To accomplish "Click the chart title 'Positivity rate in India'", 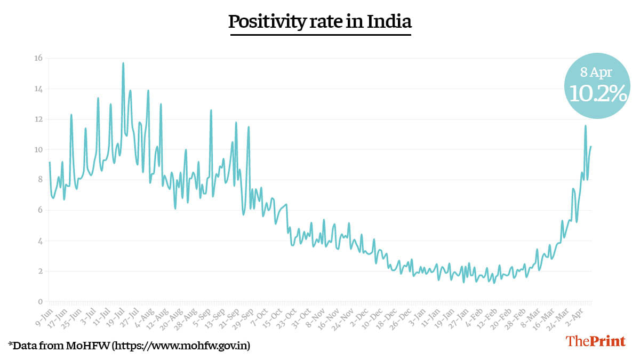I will (x=320, y=22).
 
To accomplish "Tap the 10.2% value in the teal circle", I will (x=597, y=94).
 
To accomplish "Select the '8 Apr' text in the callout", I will (x=596, y=73).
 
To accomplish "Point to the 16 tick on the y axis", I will (x=38, y=58).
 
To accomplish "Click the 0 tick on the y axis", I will (x=40, y=301).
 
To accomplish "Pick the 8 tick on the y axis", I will (x=40, y=180).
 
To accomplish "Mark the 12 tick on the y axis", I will (x=38, y=119).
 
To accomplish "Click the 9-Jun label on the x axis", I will (x=43, y=315).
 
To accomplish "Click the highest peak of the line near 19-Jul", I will (x=123, y=63).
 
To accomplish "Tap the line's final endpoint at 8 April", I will (x=590, y=147).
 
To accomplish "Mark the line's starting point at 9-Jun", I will (x=49, y=162).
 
